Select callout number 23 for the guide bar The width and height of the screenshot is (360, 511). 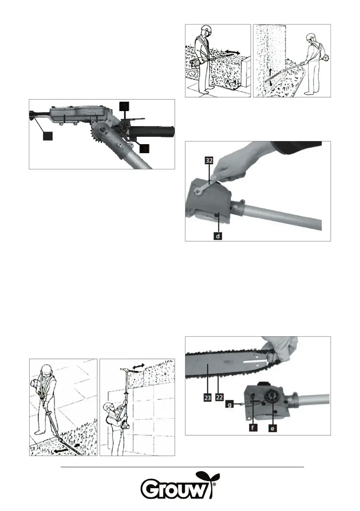point(207,398)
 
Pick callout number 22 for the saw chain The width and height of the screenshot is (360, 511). point(219,398)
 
